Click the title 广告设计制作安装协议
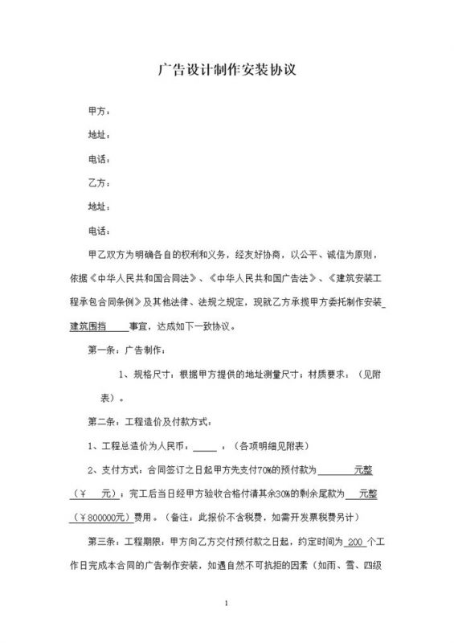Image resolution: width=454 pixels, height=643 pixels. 227,70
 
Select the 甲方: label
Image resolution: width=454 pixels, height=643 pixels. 98,109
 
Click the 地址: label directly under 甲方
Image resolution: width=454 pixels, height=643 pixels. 98,133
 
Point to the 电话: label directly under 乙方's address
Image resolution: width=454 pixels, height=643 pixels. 98,231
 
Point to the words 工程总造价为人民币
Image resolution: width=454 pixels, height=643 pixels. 148,445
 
